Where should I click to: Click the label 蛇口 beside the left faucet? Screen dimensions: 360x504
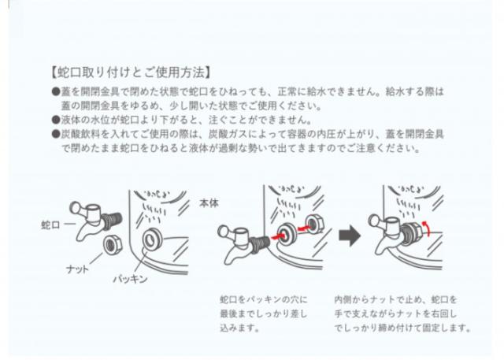pyautogui.click(x=52, y=225)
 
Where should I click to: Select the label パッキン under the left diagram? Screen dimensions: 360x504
pyautogui.click(x=129, y=280)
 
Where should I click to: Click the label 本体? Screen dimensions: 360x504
pyautogui.click(x=210, y=202)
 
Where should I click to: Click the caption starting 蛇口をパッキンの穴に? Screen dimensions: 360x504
pyautogui.click(x=265, y=314)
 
